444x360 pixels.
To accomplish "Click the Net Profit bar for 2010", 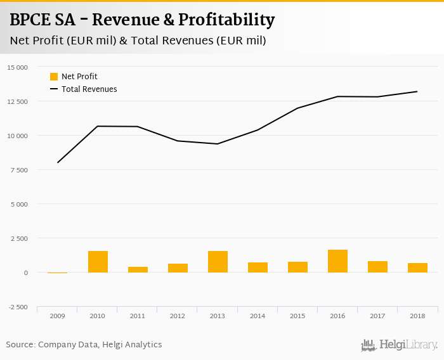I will click(98, 262).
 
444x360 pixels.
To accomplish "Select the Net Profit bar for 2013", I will click(218, 262).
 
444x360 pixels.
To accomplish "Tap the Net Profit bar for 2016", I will click(337, 261).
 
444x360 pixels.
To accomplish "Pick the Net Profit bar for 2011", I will click(138, 269).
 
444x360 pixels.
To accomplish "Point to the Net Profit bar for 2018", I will click(417, 267).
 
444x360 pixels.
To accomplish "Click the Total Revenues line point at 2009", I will click(58, 163).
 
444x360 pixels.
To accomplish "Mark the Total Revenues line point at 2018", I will click(417, 91).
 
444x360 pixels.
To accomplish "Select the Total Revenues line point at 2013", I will click(218, 144).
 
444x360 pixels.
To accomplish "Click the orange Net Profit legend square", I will click(54, 77).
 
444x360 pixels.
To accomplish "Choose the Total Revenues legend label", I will click(89, 89).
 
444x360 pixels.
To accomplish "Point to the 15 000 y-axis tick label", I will click(17, 67).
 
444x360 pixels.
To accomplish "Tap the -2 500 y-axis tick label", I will click(17, 307).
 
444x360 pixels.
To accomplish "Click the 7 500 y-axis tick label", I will click(18, 170).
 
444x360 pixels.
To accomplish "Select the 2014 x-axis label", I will click(258, 316).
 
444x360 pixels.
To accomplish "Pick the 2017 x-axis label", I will click(377, 316).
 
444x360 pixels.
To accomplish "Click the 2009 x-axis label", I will click(58, 316).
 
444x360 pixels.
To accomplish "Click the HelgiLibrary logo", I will click(400, 345).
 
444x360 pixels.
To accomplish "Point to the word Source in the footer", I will click(20, 345).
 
